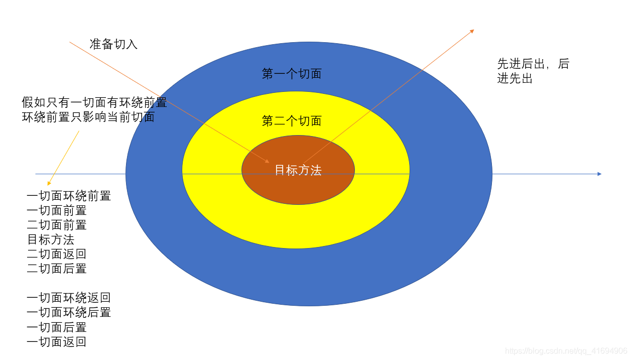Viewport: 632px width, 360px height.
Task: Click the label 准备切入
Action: (x=113, y=44)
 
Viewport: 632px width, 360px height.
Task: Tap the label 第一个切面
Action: (x=292, y=74)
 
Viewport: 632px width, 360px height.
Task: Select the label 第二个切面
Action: (x=292, y=121)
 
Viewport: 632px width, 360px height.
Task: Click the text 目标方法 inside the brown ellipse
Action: (x=298, y=170)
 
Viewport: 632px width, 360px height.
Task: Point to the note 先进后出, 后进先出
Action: (x=533, y=71)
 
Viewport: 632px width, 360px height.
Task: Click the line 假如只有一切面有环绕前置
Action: (x=94, y=103)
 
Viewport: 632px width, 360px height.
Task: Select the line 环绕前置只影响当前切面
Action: (x=88, y=117)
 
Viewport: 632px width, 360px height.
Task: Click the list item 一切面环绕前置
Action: (x=69, y=196)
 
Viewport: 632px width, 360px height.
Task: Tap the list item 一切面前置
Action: (x=57, y=210)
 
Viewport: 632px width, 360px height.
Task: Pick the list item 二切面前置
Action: (x=57, y=225)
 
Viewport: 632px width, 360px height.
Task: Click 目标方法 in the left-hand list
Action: (x=51, y=239)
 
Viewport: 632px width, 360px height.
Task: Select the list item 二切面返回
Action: (x=57, y=254)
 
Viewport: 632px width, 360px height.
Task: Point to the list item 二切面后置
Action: (x=57, y=269)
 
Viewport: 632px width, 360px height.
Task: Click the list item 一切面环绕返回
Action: (x=69, y=298)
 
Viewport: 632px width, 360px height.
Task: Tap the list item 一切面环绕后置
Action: (x=69, y=312)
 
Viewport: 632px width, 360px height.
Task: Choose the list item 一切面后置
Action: (x=57, y=327)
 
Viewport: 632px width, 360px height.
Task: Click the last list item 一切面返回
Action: (x=57, y=342)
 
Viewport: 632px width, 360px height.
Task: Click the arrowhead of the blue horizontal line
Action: (x=599, y=174)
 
